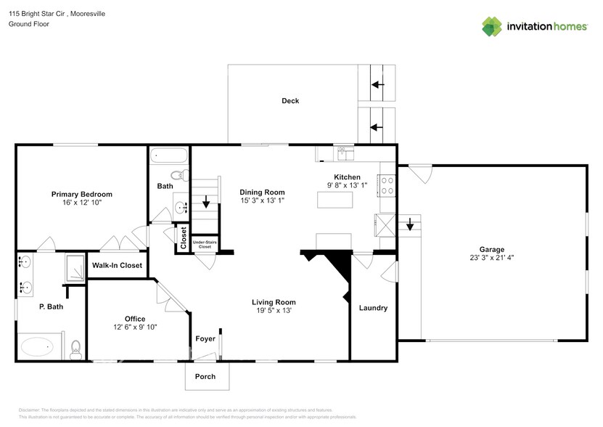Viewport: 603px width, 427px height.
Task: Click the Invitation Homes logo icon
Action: click(493, 26)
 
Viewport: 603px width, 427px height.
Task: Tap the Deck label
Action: click(290, 101)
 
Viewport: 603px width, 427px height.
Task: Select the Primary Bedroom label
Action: click(81, 194)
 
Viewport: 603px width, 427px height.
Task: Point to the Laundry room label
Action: click(373, 308)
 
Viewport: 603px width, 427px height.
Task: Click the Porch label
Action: click(205, 376)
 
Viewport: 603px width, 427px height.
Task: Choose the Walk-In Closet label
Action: click(117, 266)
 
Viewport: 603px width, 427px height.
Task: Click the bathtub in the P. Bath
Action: click(37, 347)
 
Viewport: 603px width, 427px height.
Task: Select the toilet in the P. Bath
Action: click(75, 351)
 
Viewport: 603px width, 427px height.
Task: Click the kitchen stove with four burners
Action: click(387, 186)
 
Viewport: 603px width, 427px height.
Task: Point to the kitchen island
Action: click(335, 198)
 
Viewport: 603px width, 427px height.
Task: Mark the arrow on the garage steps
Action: click(410, 225)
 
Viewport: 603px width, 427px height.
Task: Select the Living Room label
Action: click(274, 302)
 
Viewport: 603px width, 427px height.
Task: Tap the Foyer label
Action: click(205, 338)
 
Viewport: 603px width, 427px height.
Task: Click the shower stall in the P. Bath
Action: click(73, 270)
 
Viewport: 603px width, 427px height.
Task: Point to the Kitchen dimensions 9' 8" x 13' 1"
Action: click(346, 186)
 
